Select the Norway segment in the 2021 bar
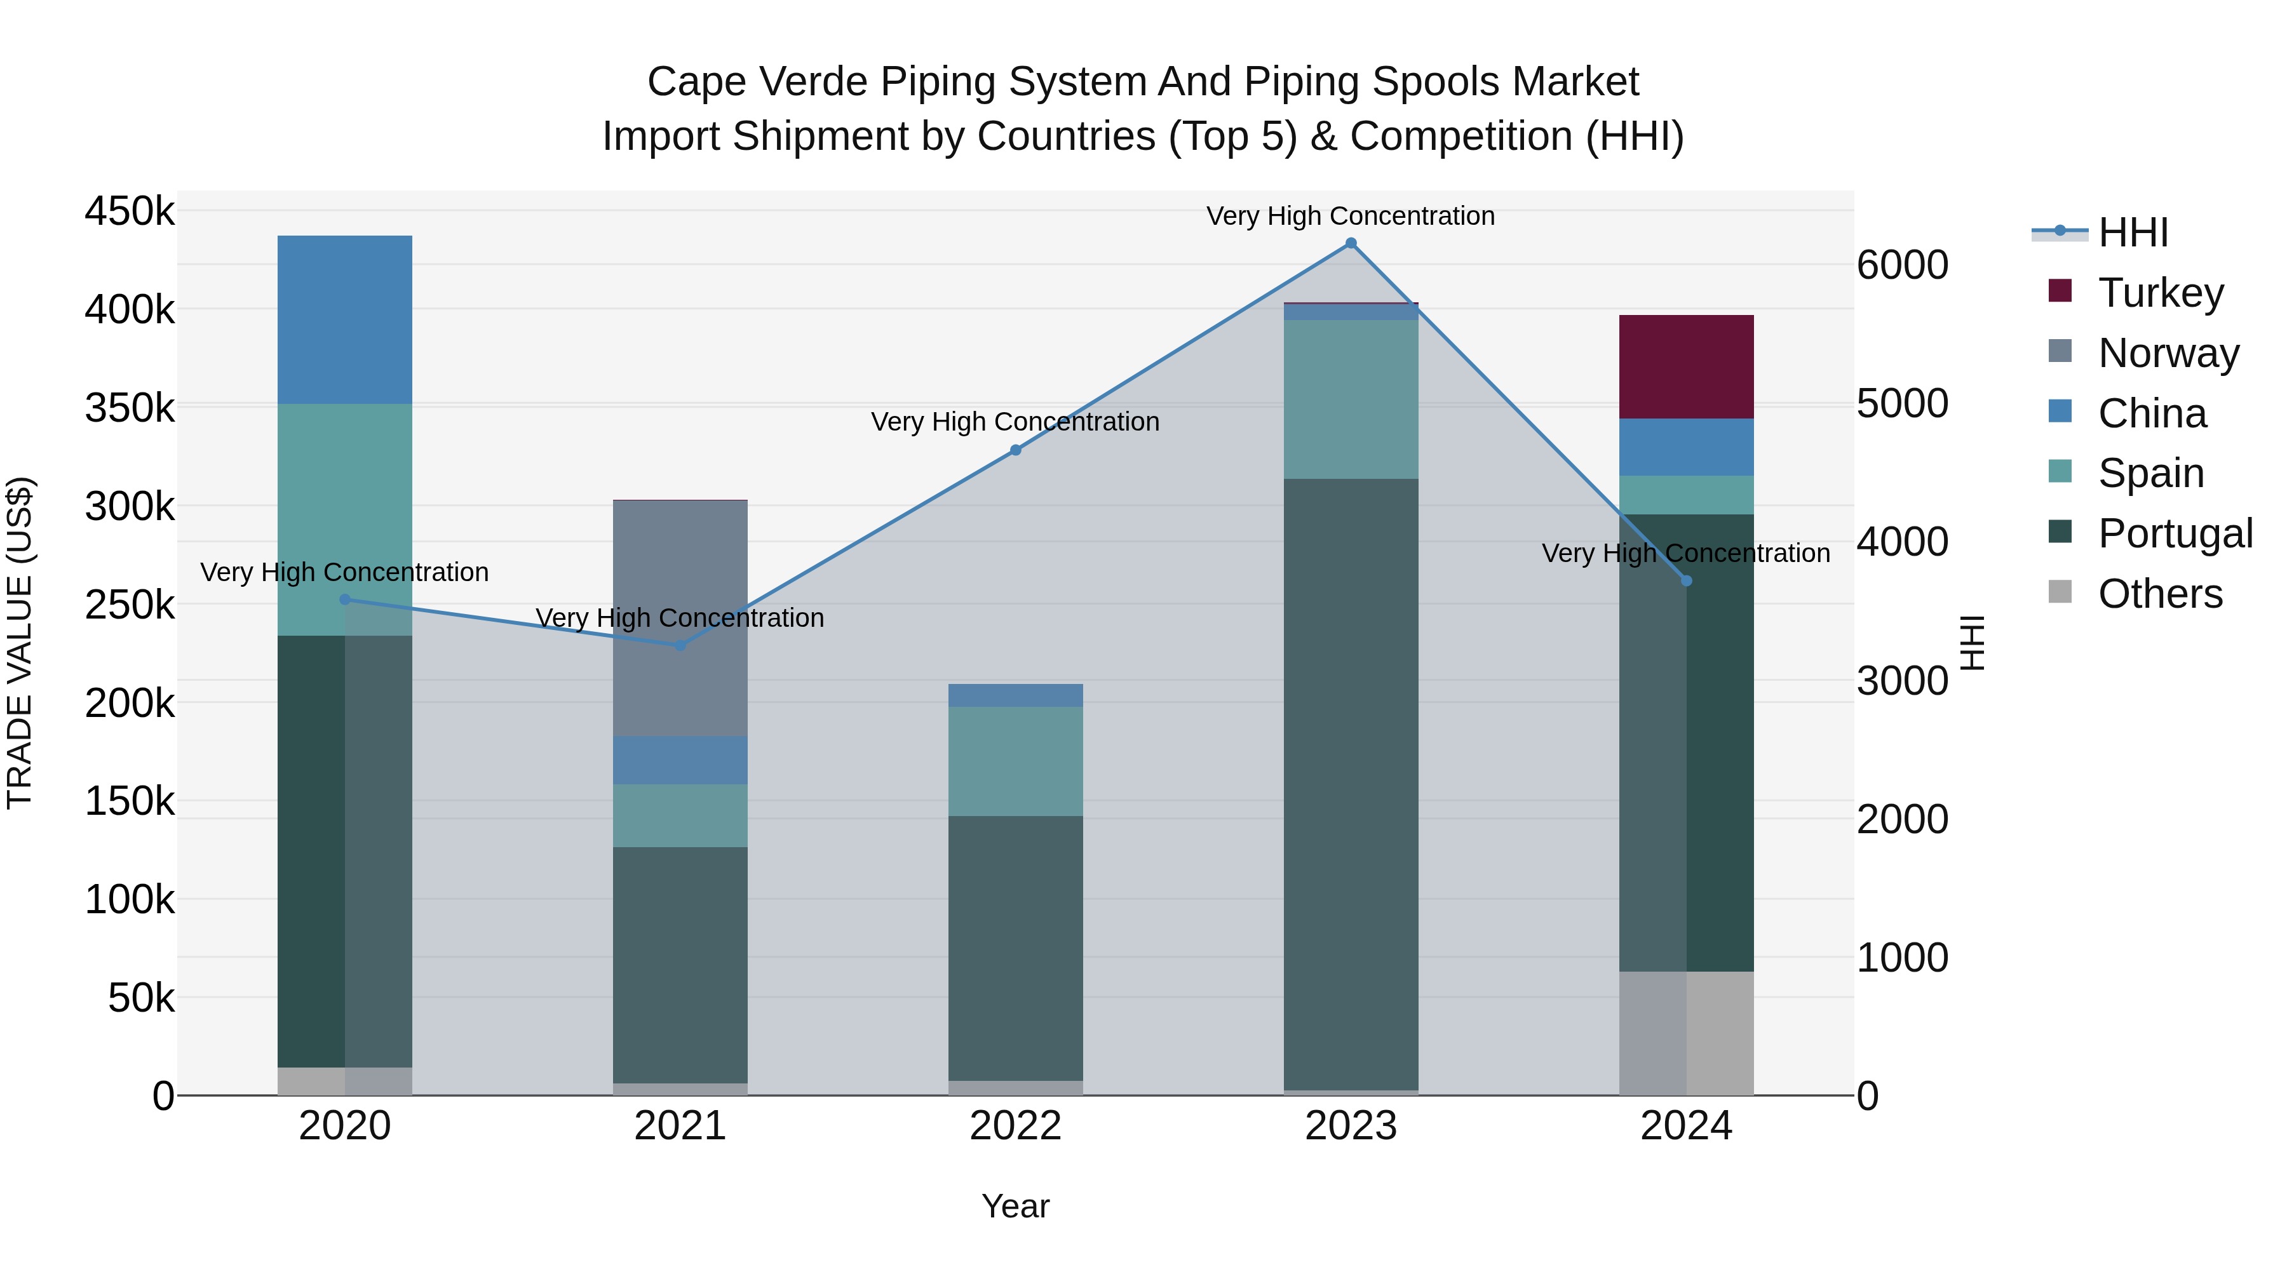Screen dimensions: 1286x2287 (680, 618)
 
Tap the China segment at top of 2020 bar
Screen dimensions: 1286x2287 (344, 319)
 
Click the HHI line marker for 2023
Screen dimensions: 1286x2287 (1351, 243)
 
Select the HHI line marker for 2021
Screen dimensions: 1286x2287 (680, 645)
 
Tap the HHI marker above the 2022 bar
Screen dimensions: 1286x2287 (1016, 450)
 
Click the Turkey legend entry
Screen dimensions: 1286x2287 (2160, 293)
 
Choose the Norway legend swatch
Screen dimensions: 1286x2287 (2060, 351)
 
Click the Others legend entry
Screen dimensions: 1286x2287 (2159, 594)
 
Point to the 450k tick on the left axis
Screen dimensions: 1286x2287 (130, 212)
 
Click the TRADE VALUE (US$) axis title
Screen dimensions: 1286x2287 (20, 643)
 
